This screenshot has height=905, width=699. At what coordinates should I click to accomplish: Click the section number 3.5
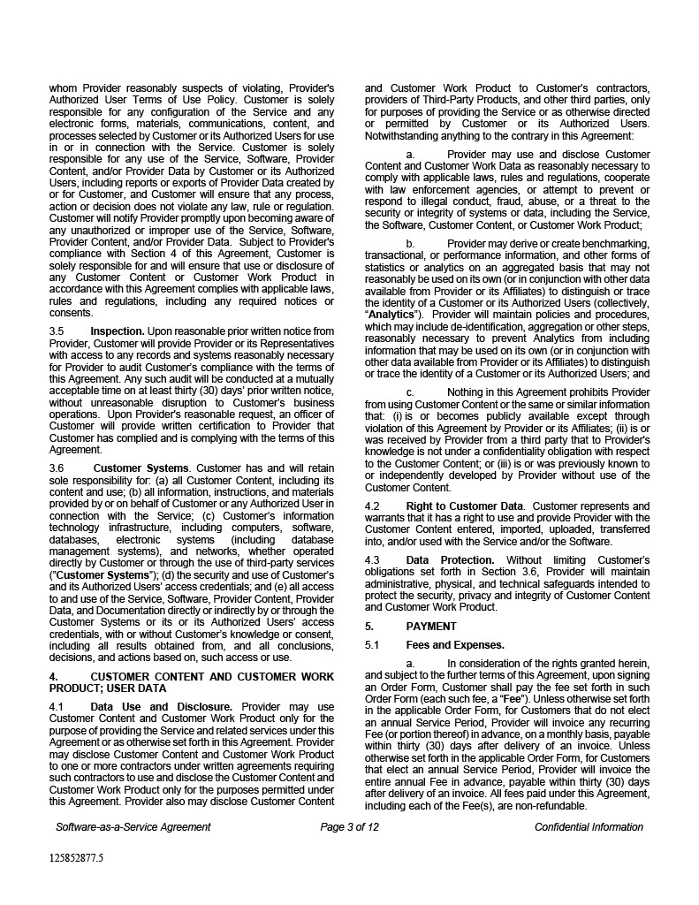[57, 331]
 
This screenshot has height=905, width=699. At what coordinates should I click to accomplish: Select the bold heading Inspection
[118, 331]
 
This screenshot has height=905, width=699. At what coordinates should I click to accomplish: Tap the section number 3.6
[57, 468]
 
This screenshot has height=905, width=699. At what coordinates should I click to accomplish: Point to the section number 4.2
[372, 506]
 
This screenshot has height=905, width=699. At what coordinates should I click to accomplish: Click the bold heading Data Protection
[450, 560]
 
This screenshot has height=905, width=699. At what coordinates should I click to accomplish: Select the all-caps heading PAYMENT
[431, 627]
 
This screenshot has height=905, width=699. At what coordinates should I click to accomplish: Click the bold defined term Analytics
[391, 315]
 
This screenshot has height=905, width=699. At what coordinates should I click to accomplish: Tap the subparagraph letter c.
[409, 392]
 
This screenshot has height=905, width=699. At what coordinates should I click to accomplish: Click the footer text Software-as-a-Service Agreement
[133, 827]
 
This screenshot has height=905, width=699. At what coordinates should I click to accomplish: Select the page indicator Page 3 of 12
[350, 827]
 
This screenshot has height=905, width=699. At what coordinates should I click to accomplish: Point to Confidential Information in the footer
[589, 827]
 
